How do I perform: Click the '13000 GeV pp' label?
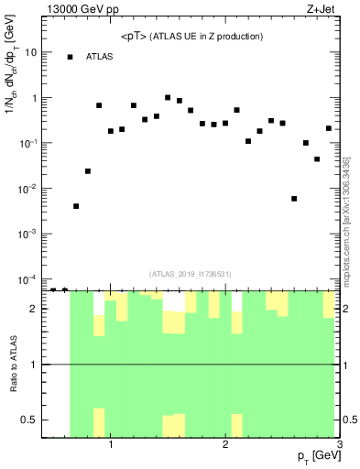point(81,10)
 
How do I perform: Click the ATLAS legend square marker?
point(70,57)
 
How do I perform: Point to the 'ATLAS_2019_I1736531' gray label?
point(191,272)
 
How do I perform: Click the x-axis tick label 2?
point(225,446)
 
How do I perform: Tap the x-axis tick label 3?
point(339,446)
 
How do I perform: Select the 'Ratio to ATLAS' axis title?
point(12,364)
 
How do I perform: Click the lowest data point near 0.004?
point(76,206)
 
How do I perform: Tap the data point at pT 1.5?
point(168,97)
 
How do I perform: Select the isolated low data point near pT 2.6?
point(294,198)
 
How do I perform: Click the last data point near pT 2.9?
point(329,128)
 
